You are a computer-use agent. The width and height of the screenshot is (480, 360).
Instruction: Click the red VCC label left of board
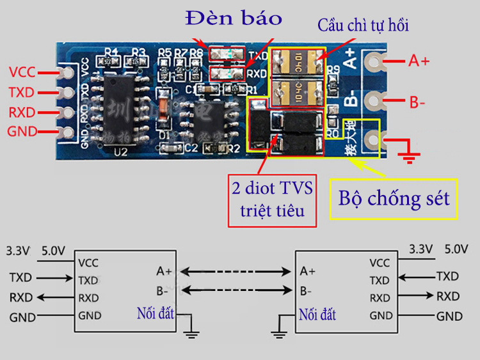[x=22, y=71]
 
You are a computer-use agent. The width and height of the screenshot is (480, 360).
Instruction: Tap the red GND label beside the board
[x=22, y=132]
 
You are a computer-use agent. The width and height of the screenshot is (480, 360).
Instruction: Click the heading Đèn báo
[x=233, y=18]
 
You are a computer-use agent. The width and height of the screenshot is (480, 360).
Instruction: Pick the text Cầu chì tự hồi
[x=363, y=26]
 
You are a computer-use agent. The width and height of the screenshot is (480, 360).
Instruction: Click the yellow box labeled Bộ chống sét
[x=394, y=198]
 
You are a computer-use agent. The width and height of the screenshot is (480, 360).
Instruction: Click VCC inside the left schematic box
[x=88, y=262]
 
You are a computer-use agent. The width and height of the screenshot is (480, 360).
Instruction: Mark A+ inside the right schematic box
[x=308, y=270]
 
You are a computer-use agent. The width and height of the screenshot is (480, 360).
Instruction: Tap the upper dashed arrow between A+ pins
[x=235, y=270]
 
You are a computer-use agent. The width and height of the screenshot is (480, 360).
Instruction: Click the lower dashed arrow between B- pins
[x=235, y=291]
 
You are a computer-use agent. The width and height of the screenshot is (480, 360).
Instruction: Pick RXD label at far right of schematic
[x=448, y=296]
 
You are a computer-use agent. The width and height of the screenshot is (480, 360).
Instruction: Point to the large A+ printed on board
[x=350, y=58]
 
